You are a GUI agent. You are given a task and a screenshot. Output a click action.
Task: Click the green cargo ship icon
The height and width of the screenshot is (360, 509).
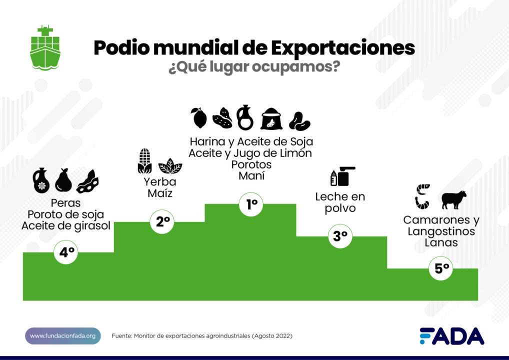pyautogui.click(x=45, y=47)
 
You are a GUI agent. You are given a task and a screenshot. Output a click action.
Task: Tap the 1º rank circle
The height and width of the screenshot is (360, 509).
pyautogui.click(x=251, y=204)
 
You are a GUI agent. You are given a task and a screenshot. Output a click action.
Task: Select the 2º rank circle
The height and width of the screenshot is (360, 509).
pyautogui.click(x=162, y=222)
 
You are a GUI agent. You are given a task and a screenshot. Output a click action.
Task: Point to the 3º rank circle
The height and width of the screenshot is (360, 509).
pyautogui.click(x=340, y=236)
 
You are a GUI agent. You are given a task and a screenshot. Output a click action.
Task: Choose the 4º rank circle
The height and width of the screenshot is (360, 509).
pyautogui.click(x=66, y=252)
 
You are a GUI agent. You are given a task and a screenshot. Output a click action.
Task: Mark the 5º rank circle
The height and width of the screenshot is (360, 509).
pyautogui.click(x=441, y=268)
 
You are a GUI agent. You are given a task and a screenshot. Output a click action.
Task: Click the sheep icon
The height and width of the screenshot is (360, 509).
pyautogui.click(x=454, y=199)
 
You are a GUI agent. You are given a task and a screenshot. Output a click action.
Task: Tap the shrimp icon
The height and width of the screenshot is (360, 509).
pyautogui.click(x=422, y=196)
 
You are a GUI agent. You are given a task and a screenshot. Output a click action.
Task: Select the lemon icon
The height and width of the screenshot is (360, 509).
pyautogui.click(x=199, y=118)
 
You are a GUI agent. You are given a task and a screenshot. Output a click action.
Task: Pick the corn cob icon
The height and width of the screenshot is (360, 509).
pyautogui.click(x=144, y=161)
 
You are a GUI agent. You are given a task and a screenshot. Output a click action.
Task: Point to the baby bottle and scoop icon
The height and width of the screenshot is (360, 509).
pyautogui.click(x=342, y=176)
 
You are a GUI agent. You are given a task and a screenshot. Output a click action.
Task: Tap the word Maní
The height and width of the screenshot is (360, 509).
pyautogui.click(x=251, y=176)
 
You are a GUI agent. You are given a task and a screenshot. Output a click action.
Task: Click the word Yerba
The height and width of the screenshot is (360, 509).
pyautogui.click(x=160, y=182)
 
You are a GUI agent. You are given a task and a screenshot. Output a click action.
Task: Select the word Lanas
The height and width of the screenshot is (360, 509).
pyautogui.click(x=441, y=242)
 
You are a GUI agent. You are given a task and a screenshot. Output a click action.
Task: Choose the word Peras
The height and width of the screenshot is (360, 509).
pyautogui.click(x=65, y=203)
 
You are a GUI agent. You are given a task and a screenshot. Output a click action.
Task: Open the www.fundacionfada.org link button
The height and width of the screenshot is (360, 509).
pyautogui.click(x=63, y=336)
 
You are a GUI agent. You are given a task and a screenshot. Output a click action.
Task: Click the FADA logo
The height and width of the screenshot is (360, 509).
pyautogui.click(x=452, y=336)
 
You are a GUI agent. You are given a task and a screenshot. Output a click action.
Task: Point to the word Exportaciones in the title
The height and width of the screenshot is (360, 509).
pyautogui.click(x=343, y=48)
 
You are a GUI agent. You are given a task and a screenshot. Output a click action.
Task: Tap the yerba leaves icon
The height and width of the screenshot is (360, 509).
pyautogui.click(x=170, y=166)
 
